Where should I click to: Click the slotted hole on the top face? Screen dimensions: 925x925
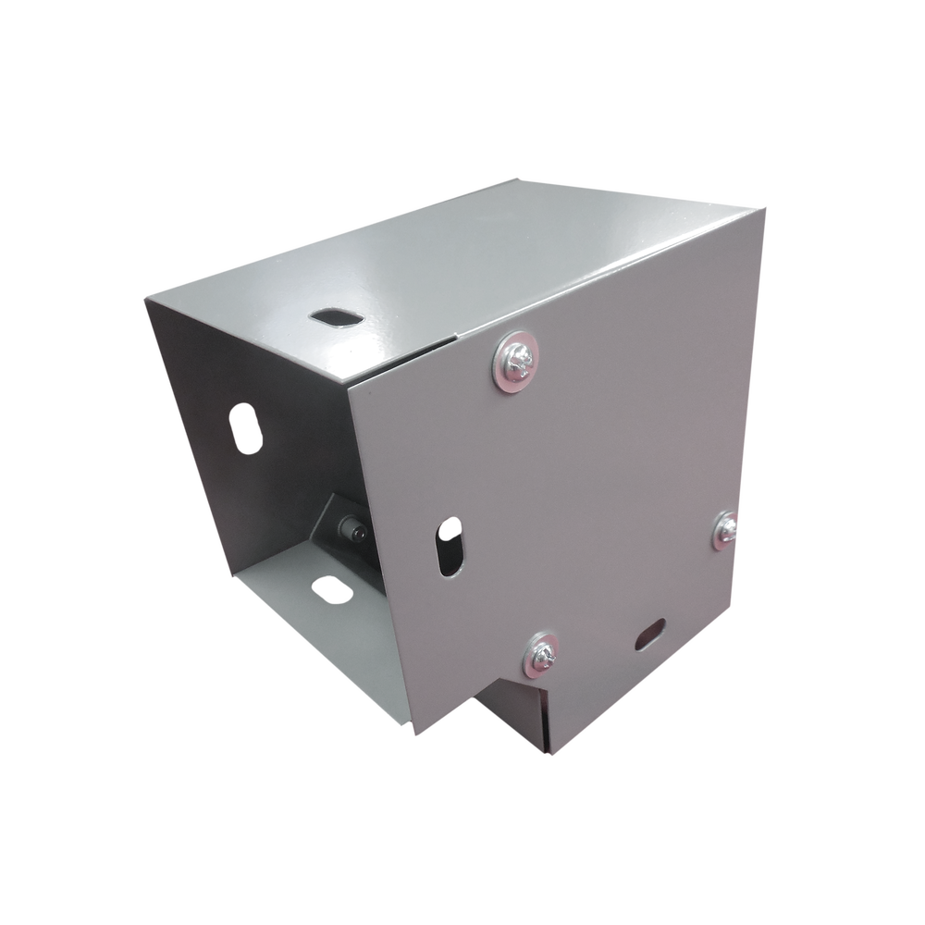(x=336, y=316)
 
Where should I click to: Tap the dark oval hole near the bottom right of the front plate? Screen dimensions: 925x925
(x=652, y=635)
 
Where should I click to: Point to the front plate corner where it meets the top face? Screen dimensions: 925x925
(x=349, y=382)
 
